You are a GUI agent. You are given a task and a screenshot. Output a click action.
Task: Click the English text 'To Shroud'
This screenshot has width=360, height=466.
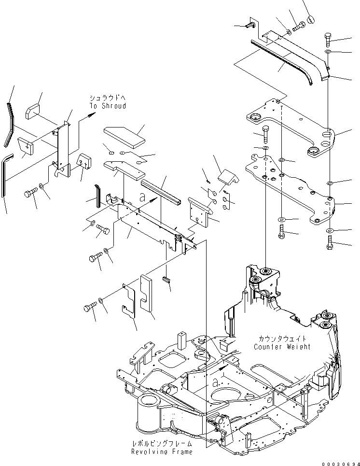coord(107,106)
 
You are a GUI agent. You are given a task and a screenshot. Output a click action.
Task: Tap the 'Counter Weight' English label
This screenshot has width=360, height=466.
coord(282,347)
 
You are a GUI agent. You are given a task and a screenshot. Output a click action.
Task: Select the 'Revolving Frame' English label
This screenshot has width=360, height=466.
coord(161,452)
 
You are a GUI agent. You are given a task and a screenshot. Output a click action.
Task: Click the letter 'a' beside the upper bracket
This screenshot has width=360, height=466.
coord(142,197)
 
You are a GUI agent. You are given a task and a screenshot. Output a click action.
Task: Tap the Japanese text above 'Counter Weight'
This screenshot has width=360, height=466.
coord(282,339)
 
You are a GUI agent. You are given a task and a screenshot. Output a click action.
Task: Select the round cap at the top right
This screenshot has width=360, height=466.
coord(310,19)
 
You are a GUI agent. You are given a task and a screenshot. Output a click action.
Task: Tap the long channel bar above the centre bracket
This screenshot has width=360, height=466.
coord(160,191)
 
